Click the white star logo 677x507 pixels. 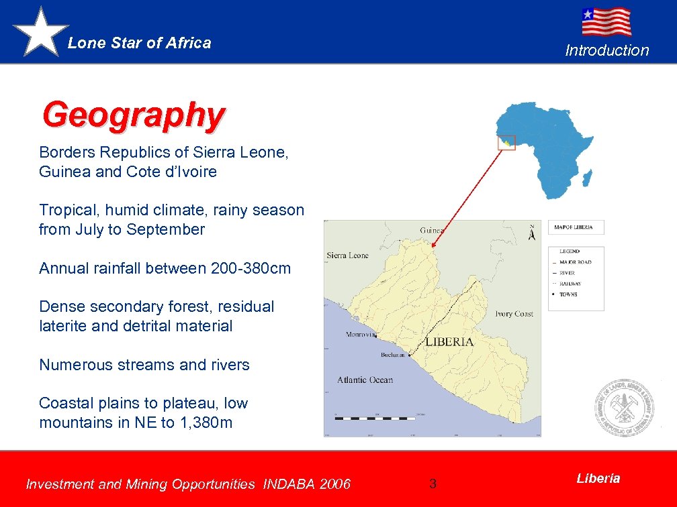pyautogui.click(x=40, y=32)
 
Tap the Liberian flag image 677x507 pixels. pyautogui.click(x=606, y=21)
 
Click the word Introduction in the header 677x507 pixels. pyautogui.click(x=607, y=50)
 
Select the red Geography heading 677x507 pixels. pyautogui.click(x=132, y=115)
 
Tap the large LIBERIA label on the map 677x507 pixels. pyautogui.click(x=449, y=341)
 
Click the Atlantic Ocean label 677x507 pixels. pyautogui.click(x=365, y=380)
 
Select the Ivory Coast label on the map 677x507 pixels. pyautogui.click(x=514, y=314)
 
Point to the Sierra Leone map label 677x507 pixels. pyautogui.click(x=347, y=256)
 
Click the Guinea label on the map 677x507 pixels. pyautogui.click(x=432, y=230)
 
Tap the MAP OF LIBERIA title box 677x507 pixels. pyautogui.click(x=576, y=227)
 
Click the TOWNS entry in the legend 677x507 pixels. pyautogui.click(x=568, y=294)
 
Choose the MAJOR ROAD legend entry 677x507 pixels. pyautogui.click(x=575, y=262)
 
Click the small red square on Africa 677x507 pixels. pyautogui.click(x=506, y=143)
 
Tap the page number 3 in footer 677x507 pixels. pyautogui.click(x=433, y=484)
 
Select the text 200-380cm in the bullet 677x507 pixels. pyautogui.click(x=251, y=268)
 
